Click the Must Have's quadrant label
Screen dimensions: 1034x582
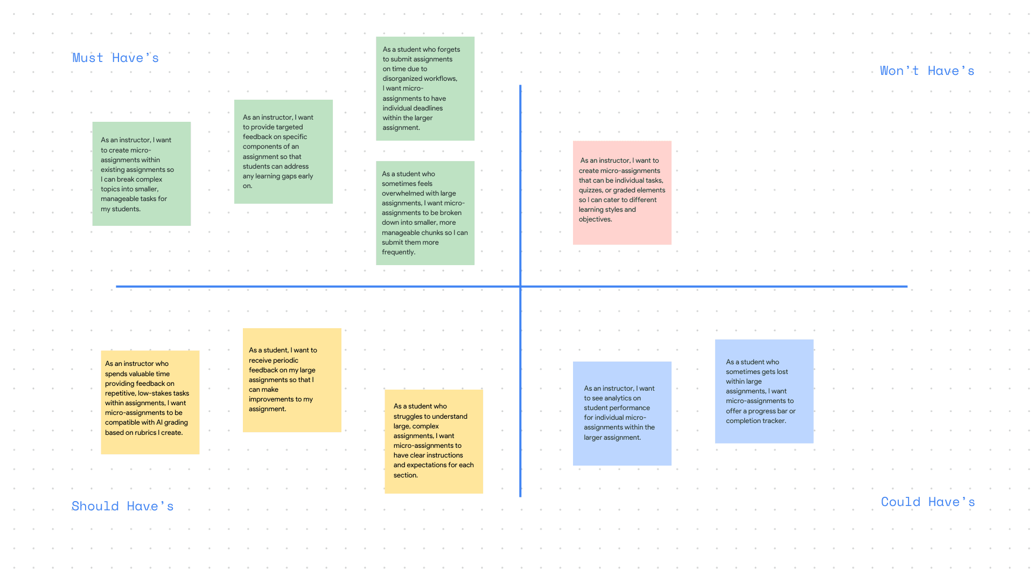(115, 58)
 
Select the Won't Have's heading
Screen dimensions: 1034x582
(927, 71)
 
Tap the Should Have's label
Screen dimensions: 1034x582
(122, 507)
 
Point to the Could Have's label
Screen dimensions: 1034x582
(928, 502)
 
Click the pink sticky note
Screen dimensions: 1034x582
(622, 192)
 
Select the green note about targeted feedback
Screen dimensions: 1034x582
(283, 151)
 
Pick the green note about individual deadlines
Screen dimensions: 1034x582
(425, 88)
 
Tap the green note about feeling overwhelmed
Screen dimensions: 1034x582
(425, 213)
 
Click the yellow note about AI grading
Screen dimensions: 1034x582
(150, 403)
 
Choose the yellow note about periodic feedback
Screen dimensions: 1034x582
(292, 380)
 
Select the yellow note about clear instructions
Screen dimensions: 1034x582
(434, 441)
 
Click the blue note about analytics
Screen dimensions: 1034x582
(622, 413)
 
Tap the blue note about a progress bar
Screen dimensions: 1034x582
(764, 391)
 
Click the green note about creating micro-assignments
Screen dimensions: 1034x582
(141, 174)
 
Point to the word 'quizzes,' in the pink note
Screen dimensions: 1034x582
(591, 190)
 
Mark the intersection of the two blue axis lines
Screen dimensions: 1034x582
(520, 287)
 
